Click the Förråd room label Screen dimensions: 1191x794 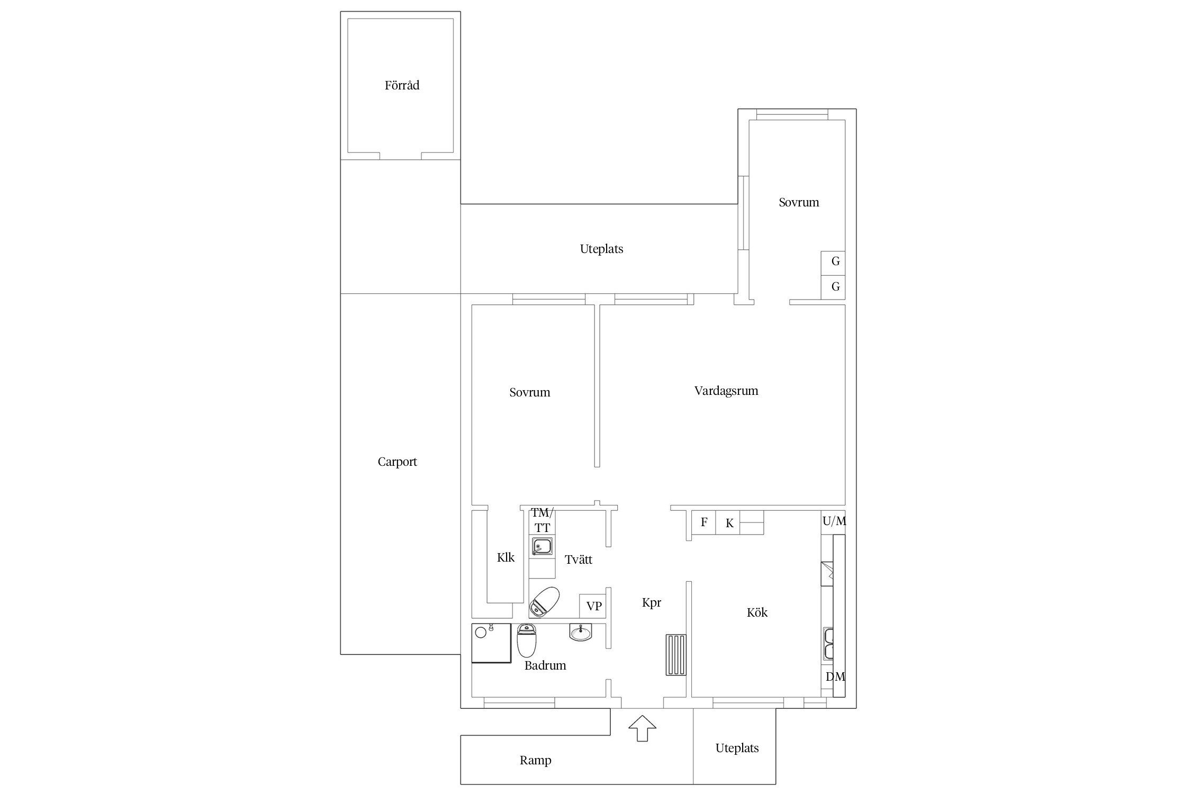[402, 85]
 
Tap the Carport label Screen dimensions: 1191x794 [397, 462]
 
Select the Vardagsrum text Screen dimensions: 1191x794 [726, 391]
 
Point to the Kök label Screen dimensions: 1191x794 [757, 612]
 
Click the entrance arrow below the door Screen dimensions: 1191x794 [642, 728]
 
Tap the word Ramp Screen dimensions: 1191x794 [535, 761]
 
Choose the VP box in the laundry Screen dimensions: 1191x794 [593, 606]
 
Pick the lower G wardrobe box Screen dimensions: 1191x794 [833, 287]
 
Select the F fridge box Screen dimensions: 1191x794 [704, 522]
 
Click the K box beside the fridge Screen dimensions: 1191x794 [728, 522]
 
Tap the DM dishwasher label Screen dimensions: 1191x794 [835, 676]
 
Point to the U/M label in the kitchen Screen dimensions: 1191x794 [834, 521]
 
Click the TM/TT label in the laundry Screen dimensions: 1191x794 [542, 520]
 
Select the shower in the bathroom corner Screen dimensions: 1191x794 [491, 643]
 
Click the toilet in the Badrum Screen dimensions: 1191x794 [527, 640]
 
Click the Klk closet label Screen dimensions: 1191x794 [506, 557]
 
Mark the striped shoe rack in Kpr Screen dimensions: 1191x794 [676, 655]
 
